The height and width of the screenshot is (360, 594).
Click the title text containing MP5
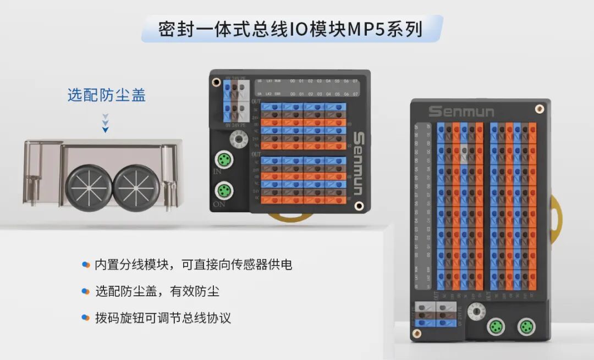click(x=291, y=29)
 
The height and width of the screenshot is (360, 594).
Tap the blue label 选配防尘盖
click(x=107, y=95)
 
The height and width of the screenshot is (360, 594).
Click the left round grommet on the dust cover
click(x=89, y=187)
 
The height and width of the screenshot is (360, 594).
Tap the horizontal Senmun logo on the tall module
click(x=461, y=112)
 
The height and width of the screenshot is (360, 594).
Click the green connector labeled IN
click(x=223, y=161)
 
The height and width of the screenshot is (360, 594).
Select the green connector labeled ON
click(x=223, y=191)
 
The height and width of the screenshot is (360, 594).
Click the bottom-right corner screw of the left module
click(x=359, y=206)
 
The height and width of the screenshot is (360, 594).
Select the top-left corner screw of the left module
click(x=216, y=81)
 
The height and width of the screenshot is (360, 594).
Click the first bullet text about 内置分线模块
click(x=193, y=264)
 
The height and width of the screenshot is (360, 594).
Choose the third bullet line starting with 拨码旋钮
click(x=162, y=318)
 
